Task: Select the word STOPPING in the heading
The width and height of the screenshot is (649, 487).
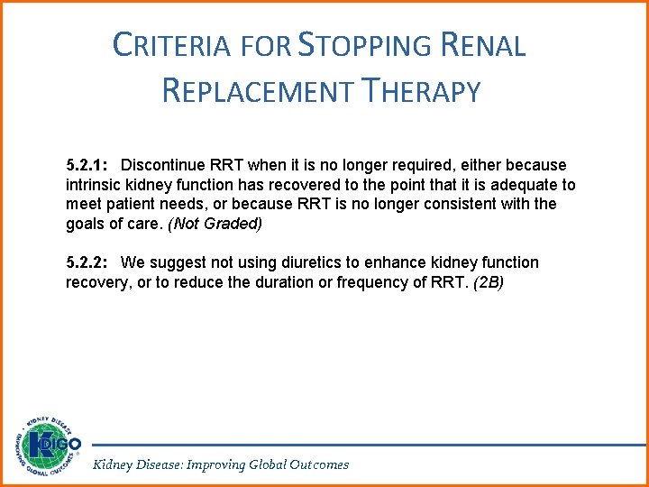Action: click(363, 45)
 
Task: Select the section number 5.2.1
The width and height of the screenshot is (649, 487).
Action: click(87, 165)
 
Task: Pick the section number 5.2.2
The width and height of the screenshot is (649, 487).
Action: click(87, 262)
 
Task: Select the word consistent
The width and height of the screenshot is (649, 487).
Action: click(452, 204)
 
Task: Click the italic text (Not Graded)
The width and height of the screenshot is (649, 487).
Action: click(214, 223)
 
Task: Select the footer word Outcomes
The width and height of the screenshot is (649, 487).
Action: click(319, 464)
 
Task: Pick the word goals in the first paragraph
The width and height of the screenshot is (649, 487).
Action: click(86, 223)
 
